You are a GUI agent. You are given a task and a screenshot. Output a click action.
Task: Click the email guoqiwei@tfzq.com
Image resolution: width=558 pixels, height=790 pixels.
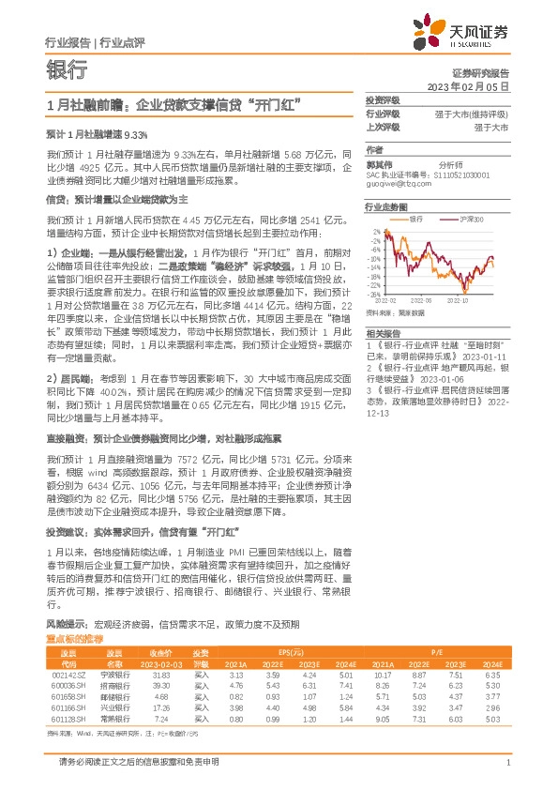(393, 186)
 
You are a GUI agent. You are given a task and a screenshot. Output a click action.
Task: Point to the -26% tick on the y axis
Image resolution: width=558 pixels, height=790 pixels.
(374, 294)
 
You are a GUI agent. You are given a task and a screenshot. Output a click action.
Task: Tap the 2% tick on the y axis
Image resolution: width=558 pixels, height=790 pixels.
(376, 229)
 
